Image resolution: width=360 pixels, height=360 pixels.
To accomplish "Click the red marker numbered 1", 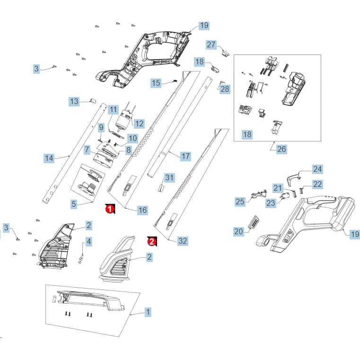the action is pyautogui.click(x=110, y=209).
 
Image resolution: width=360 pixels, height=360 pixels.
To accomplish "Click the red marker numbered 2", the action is pyautogui.click(x=152, y=241).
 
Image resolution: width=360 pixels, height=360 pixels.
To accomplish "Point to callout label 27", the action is pyautogui.click(x=211, y=44).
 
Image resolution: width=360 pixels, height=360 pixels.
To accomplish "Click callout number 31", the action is pyautogui.click(x=169, y=177).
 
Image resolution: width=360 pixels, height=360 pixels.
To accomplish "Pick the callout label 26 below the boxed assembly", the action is pyautogui.click(x=281, y=149).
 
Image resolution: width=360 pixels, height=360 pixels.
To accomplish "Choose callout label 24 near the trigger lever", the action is pyautogui.click(x=317, y=169).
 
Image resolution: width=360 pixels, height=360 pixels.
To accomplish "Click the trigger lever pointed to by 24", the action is pyautogui.click(x=293, y=180).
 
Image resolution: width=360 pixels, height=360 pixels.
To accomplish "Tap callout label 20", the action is pyautogui.click(x=239, y=231).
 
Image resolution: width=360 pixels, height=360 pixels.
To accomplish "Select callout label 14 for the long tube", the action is pyautogui.click(x=49, y=158).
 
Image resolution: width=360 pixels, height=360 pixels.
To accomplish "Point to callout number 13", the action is pyautogui.click(x=74, y=102).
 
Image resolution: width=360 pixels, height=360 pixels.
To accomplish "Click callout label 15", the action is pyautogui.click(x=156, y=83).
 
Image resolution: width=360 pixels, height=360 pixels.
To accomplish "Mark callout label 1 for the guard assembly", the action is pyautogui.click(x=148, y=312).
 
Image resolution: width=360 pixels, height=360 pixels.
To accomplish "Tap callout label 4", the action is pyautogui.click(x=88, y=242).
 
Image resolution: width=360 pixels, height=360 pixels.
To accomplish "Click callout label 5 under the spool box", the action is pyautogui.click(x=74, y=204).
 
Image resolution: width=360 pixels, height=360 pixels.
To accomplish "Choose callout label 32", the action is pyautogui.click(x=183, y=241).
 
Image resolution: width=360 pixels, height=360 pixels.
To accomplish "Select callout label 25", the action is pyautogui.click(x=240, y=202).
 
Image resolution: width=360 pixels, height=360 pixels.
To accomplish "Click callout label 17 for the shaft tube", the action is pyautogui.click(x=185, y=157).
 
